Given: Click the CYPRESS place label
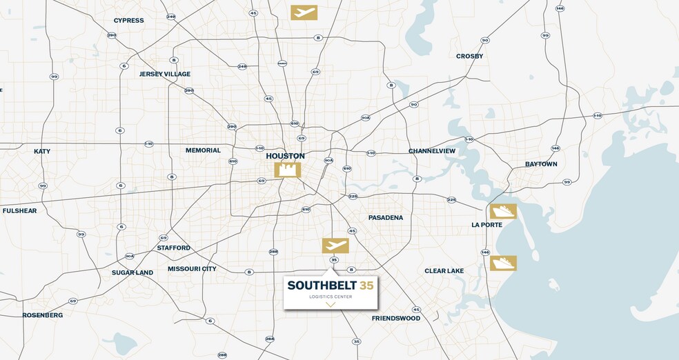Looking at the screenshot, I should [128, 21].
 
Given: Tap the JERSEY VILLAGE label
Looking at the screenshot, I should [165, 74].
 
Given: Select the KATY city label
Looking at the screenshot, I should [42, 151].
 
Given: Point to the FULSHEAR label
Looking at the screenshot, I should [19, 210].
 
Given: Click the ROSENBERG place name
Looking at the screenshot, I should [43, 315].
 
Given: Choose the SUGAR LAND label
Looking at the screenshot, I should [132, 272].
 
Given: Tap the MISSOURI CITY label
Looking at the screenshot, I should [192, 269].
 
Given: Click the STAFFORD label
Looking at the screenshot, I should [173, 248].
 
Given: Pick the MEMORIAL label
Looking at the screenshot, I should [203, 150].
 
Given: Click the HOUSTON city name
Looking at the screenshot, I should [285, 156].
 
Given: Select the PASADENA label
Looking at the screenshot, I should [386, 217].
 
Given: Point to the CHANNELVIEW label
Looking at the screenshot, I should [433, 150].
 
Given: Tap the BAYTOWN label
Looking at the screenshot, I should [541, 164].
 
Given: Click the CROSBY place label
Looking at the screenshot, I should [470, 56].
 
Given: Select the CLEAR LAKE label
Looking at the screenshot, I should [444, 271].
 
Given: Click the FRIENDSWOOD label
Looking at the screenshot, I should [396, 319].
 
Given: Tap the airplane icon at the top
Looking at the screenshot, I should [304, 12].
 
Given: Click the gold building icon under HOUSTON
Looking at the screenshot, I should [288, 170].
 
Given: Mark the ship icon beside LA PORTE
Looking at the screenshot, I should [503, 212].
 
